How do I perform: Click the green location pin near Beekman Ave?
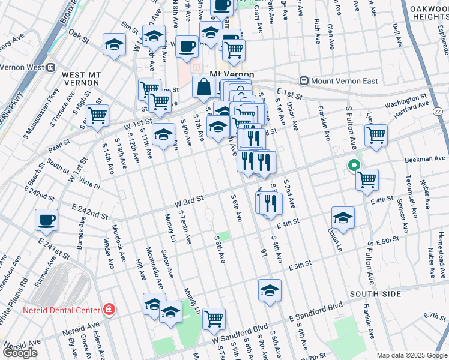pyautogui.click(x=354, y=166)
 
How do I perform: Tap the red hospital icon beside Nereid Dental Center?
pyautogui.click(x=109, y=310)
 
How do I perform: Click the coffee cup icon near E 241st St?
pyautogui.click(x=47, y=220)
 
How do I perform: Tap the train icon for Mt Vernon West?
pyautogui.click(x=52, y=68)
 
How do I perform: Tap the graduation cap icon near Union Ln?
pyautogui.click(x=343, y=217)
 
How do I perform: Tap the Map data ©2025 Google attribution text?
pyautogui.click(x=412, y=355)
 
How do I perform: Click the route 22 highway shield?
pyautogui.click(x=437, y=112)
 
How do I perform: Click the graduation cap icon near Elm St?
pyautogui.click(x=114, y=44)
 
